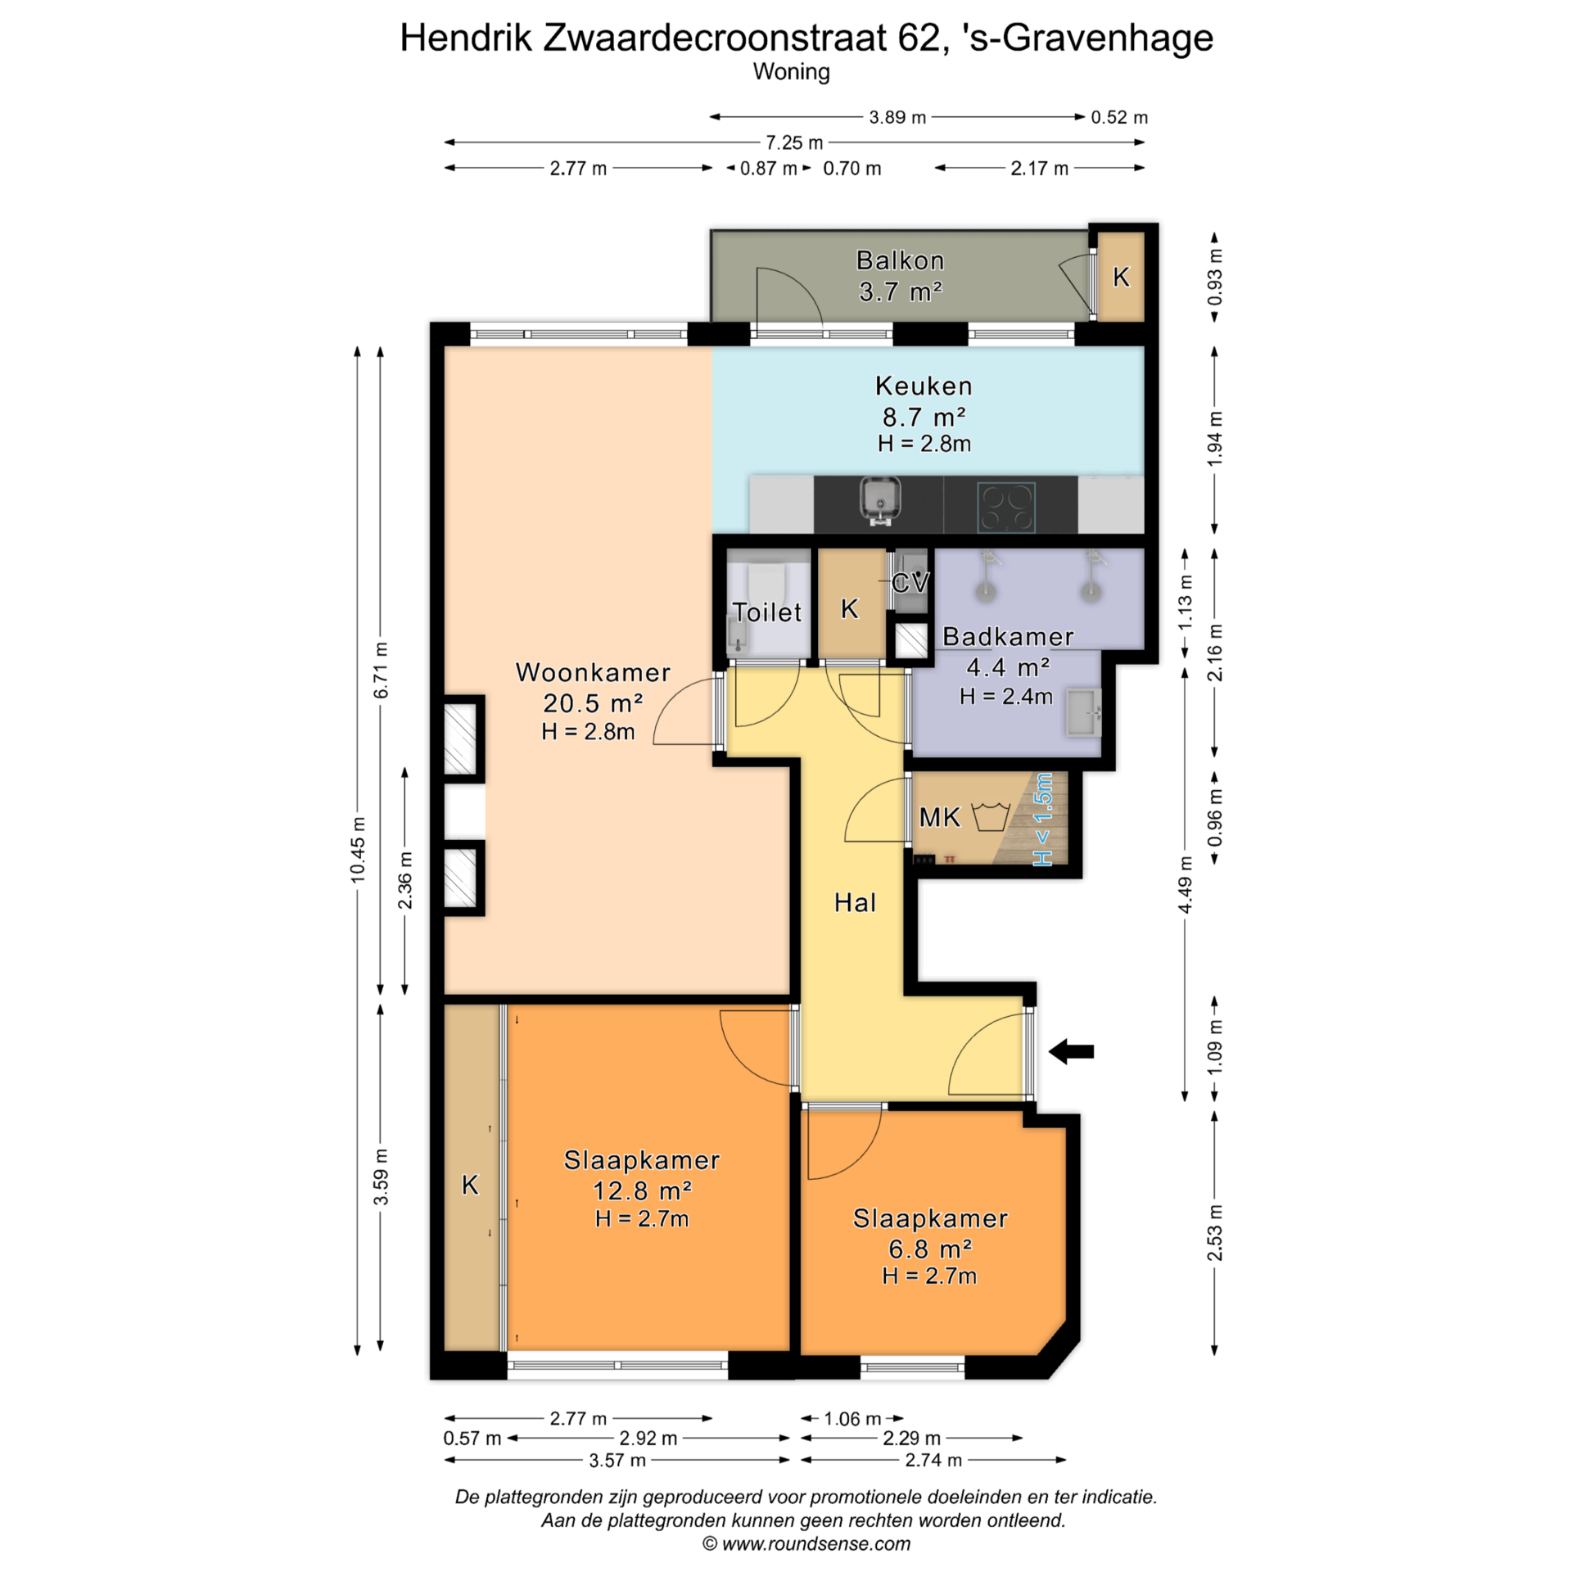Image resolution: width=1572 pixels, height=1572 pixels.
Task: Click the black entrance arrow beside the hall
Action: click(x=1071, y=1051)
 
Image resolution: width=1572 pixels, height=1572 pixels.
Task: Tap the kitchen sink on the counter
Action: click(x=880, y=501)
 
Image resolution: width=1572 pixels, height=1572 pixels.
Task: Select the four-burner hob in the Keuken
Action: click(x=1006, y=507)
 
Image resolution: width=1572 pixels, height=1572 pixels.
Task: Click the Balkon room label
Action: click(x=900, y=260)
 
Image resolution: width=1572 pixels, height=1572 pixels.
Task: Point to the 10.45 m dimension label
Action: click(x=358, y=849)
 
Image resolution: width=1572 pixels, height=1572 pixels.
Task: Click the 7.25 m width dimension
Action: click(x=794, y=142)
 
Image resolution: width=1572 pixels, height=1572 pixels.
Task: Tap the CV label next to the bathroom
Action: click(x=910, y=583)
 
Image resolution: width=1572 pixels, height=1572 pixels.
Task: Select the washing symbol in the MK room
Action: click(x=990, y=817)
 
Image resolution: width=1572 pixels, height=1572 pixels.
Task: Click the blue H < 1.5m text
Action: click(x=1042, y=820)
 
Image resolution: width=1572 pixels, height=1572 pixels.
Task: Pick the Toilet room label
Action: click(x=767, y=612)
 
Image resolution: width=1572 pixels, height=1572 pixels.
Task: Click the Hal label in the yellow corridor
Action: click(x=855, y=902)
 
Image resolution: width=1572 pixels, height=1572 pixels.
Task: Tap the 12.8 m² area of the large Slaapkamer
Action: click(x=642, y=1190)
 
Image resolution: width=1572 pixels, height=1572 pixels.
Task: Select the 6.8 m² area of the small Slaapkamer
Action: click(x=930, y=1249)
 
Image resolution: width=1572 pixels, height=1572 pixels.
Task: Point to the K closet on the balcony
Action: click(x=1121, y=278)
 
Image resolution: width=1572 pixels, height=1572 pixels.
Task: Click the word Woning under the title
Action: click(x=791, y=72)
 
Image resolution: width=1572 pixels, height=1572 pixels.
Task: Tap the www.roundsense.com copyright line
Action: click(x=806, y=1543)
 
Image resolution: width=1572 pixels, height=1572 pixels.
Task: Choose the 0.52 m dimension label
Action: click(x=1119, y=117)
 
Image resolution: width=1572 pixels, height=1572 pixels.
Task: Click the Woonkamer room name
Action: click(x=593, y=672)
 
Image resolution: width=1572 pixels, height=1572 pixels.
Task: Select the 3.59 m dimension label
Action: click(x=382, y=1177)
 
